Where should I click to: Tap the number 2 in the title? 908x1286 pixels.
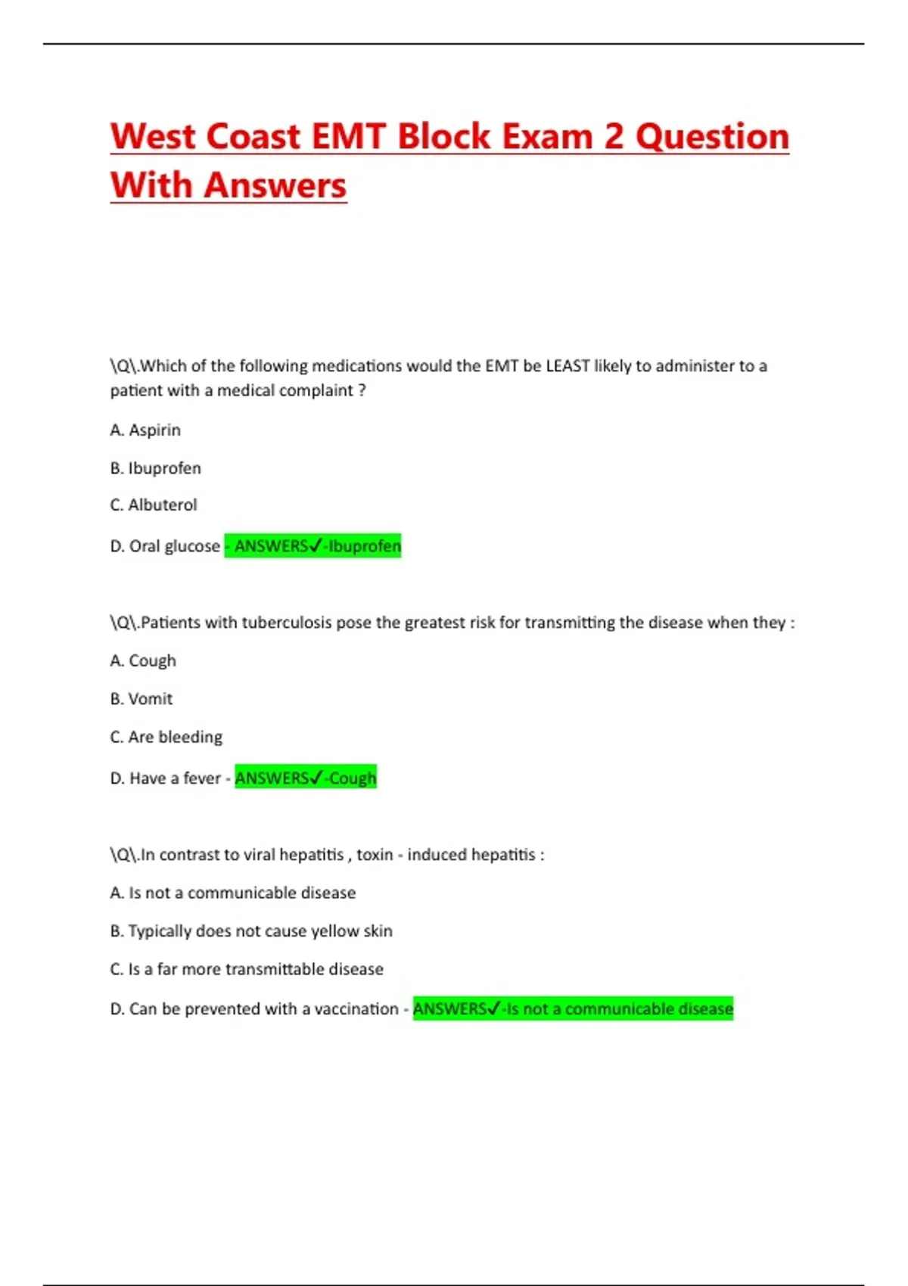point(614,137)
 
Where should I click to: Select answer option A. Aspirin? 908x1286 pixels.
point(145,430)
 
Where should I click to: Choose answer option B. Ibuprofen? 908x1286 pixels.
point(155,468)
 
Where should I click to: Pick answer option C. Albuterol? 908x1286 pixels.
point(154,505)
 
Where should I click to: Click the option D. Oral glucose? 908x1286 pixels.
point(165,546)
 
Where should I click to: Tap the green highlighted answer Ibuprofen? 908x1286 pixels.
point(364,546)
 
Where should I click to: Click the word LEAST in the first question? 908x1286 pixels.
point(567,366)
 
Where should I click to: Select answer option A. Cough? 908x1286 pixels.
point(143,660)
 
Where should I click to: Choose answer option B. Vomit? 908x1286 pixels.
point(141,699)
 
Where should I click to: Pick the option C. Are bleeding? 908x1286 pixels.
point(166,737)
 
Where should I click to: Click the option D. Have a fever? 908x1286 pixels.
point(166,778)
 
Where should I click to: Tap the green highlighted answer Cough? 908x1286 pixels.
point(352,778)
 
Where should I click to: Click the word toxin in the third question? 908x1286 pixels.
point(375,855)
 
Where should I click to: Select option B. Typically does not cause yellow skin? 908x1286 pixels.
point(251,931)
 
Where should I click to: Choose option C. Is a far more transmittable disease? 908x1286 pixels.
point(247,969)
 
